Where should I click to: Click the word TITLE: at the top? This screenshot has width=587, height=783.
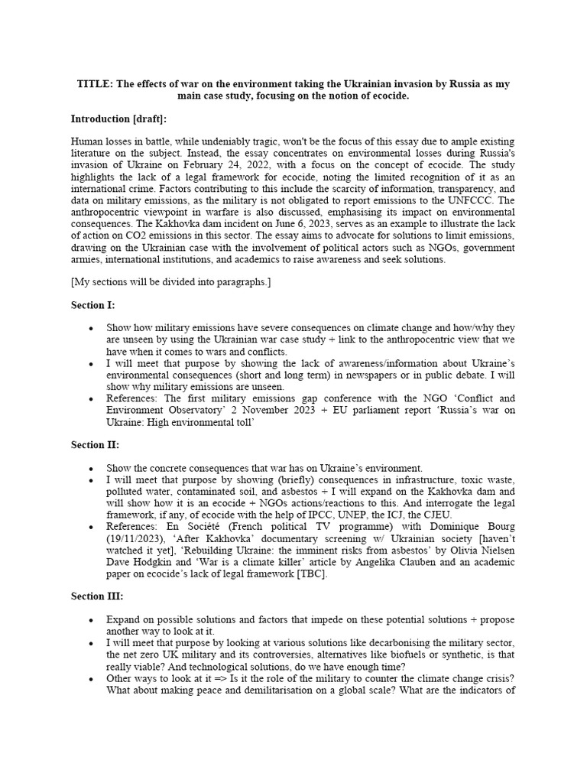pos(93,84)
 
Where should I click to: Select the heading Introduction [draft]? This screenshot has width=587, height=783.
pos(118,119)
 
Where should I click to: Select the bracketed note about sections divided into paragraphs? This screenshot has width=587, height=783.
pos(170,282)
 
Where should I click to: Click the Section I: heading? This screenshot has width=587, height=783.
pos(92,305)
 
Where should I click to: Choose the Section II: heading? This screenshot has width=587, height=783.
pos(95,445)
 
